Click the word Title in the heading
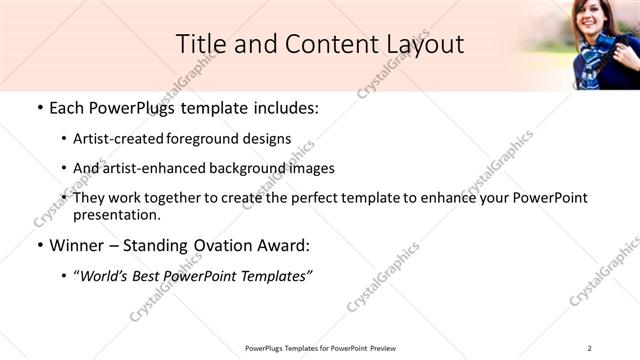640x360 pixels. (201, 44)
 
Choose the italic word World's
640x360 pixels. (105, 274)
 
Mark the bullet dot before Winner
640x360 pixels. (39, 245)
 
